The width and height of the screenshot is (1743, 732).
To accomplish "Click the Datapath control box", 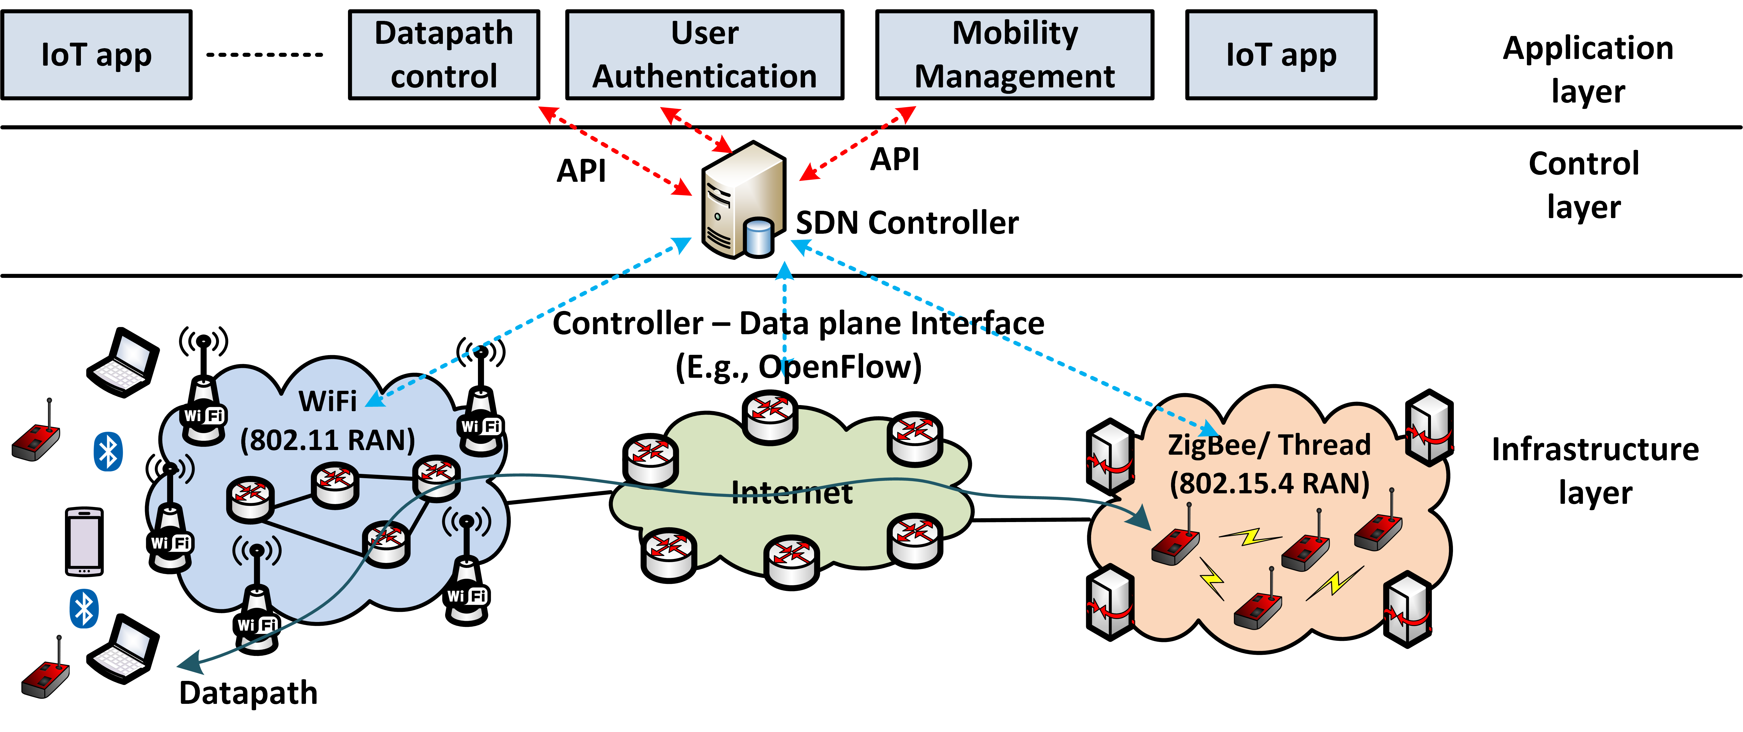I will pos(444,55).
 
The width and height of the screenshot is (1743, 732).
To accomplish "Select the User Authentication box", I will pos(704,55).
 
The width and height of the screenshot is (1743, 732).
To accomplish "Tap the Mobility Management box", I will pos(1014,55).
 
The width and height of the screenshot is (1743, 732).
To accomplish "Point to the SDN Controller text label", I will pos(907,223).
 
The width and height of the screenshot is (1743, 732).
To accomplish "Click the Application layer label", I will pos(1587,69).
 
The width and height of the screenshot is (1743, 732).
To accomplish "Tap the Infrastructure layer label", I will pos(1595,471).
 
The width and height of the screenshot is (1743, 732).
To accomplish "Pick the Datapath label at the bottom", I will pos(248,693).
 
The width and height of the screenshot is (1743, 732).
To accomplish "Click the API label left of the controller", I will pos(581,171).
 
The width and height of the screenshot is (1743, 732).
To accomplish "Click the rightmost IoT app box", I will pos(1281,55).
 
